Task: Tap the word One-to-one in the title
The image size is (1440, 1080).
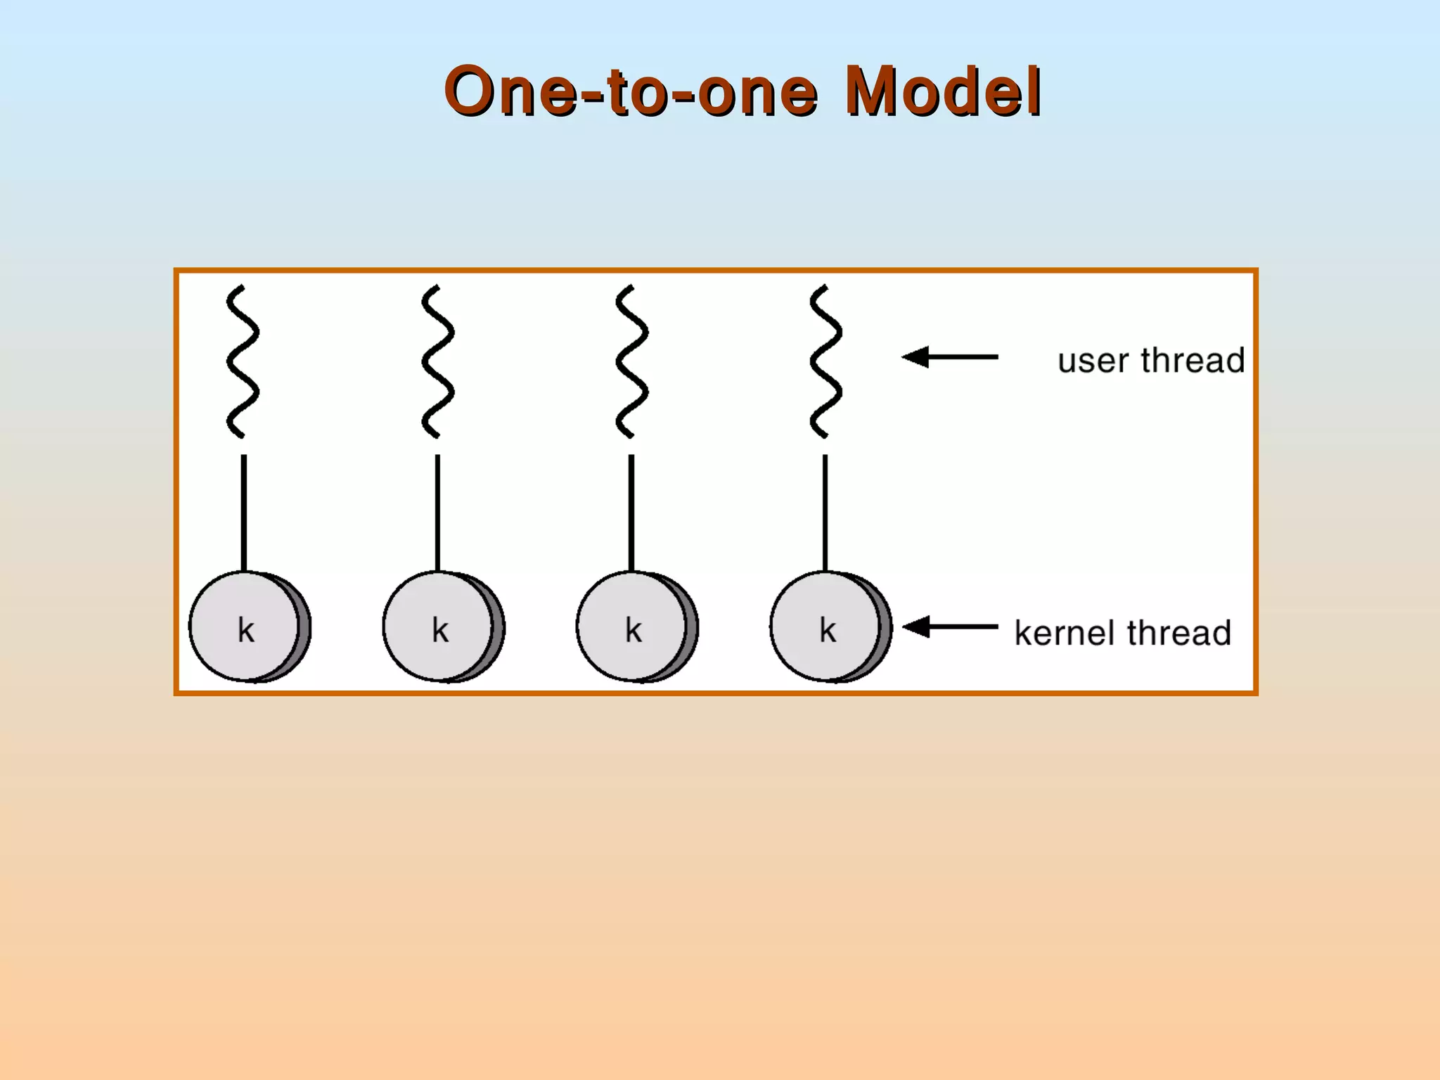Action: (631, 91)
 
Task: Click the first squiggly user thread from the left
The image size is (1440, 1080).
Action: (243, 361)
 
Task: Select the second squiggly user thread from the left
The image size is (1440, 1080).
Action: (437, 361)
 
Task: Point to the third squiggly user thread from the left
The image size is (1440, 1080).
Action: (631, 361)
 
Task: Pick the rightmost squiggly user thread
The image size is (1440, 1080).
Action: (825, 361)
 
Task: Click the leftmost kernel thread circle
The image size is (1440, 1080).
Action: (247, 626)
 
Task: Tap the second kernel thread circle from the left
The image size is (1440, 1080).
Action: (441, 626)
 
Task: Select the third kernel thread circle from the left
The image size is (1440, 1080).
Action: (634, 626)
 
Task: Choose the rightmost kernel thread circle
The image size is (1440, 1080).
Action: (828, 626)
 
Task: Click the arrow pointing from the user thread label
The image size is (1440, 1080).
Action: (950, 357)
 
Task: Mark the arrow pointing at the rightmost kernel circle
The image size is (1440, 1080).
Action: (950, 626)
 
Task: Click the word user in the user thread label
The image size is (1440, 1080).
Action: (1094, 361)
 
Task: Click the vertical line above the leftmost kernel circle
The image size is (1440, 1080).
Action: (244, 513)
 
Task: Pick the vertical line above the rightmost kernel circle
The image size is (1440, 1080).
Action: (825, 513)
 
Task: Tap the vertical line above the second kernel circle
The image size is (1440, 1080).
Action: (437, 513)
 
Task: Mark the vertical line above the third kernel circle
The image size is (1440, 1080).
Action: (631, 513)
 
